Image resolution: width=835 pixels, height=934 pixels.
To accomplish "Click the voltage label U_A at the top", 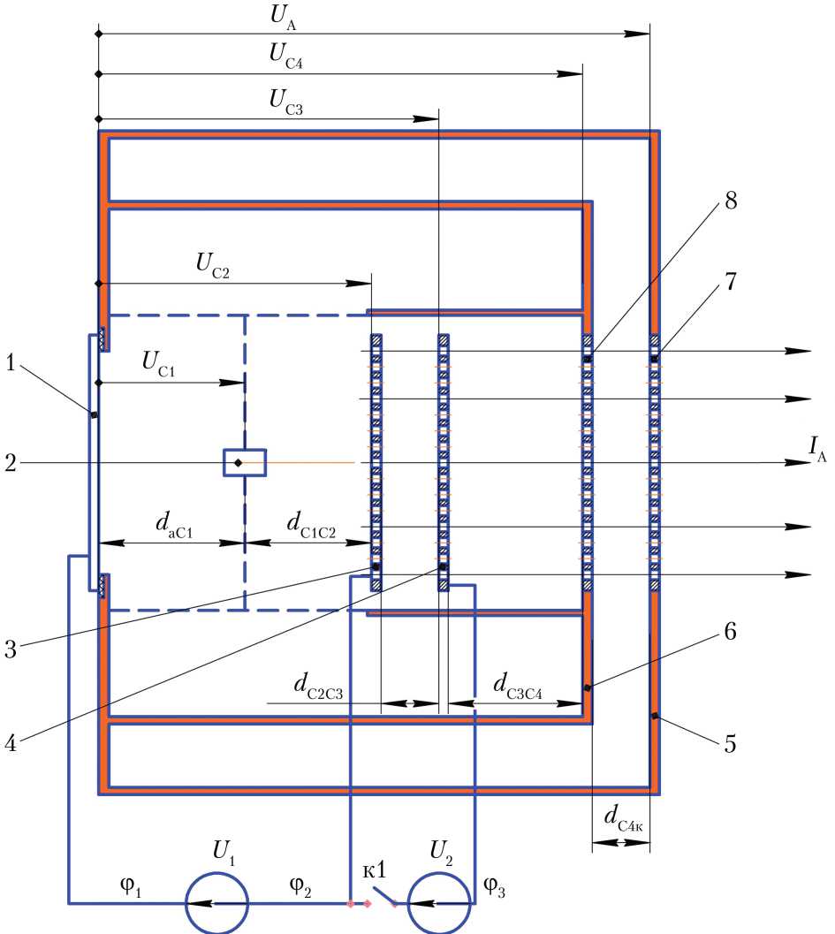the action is tap(283, 17).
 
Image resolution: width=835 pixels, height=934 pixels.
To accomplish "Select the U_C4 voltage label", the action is tap(286, 57).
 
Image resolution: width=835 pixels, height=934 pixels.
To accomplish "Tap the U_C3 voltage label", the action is tap(286, 102).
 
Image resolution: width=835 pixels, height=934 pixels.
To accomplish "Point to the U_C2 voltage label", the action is tap(213, 265).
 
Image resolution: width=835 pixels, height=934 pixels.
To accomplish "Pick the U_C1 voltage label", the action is tap(158, 363).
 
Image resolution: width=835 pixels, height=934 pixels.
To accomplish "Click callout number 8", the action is tap(731, 201).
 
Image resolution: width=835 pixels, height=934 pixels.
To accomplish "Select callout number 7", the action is tap(731, 281).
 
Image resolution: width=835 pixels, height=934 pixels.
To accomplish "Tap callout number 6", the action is tap(730, 631).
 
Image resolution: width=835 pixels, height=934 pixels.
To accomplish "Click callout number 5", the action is tap(730, 743).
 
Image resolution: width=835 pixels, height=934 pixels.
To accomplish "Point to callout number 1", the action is tap(10, 362).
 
